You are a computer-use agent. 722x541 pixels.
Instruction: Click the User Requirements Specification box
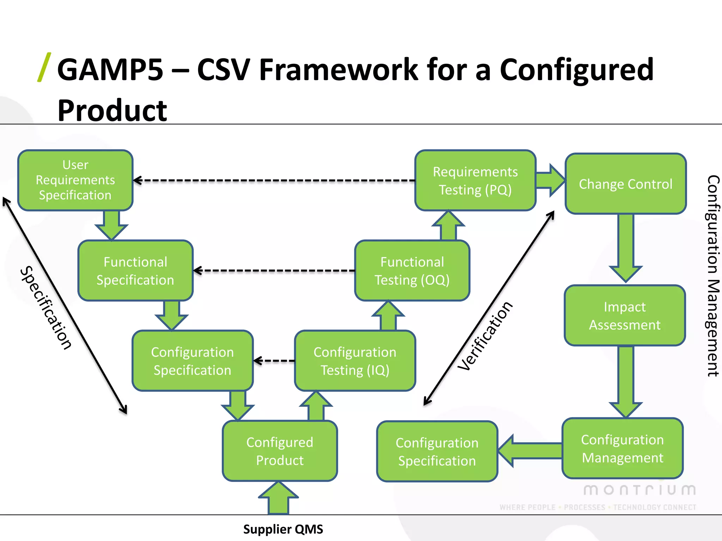(x=75, y=180)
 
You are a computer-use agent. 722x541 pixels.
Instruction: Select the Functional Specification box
(x=135, y=270)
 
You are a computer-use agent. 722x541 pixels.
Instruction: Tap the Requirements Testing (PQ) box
(x=475, y=180)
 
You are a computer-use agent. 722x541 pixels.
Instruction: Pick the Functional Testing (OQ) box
(x=412, y=270)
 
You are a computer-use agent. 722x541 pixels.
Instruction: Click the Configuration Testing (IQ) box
(x=355, y=361)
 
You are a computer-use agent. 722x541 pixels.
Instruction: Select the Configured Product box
(x=280, y=451)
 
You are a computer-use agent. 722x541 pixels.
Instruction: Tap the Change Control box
(x=625, y=184)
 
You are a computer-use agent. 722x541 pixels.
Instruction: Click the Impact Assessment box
(x=625, y=315)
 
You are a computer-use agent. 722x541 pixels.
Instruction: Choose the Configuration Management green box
(x=622, y=448)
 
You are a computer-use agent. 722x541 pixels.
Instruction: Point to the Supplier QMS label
(x=283, y=529)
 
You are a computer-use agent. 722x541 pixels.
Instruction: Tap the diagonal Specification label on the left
(x=46, y=307)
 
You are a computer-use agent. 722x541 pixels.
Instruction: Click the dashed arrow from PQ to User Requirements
(x=275, y=180)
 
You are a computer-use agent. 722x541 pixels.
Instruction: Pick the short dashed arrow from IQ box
(x=274, y=361)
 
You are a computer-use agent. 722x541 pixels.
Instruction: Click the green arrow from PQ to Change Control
(x=550, y=180)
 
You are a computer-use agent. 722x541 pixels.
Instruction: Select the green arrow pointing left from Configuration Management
(x=529, y=451)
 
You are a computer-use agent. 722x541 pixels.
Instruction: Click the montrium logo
(x=640, y=490)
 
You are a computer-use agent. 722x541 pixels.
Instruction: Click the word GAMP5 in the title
(x=110, y=70)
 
